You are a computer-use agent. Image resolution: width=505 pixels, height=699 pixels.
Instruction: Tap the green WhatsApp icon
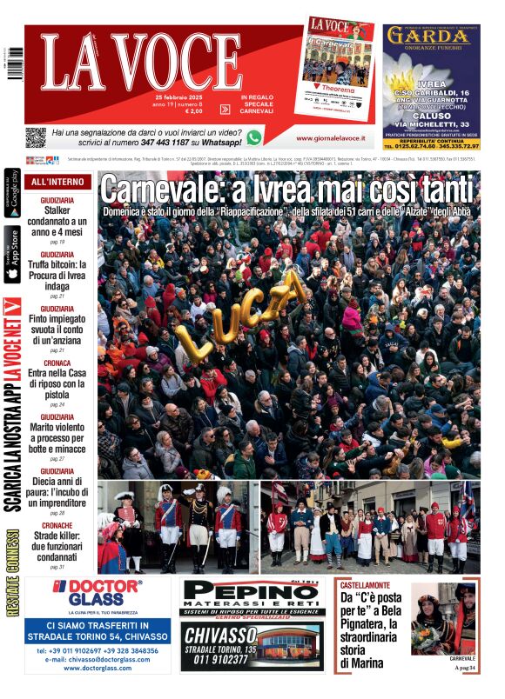253,137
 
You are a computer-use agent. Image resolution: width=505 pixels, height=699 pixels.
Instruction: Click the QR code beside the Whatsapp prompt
35,137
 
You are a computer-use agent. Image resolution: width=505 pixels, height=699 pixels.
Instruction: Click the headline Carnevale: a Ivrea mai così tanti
288,189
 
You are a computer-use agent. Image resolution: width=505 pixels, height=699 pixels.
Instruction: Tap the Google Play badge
12,194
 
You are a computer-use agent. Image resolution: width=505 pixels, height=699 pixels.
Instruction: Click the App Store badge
12,255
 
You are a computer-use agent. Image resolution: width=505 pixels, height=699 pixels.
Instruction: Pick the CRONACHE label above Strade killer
57,525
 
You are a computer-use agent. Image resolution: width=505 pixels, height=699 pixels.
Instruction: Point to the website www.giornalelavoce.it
329,138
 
